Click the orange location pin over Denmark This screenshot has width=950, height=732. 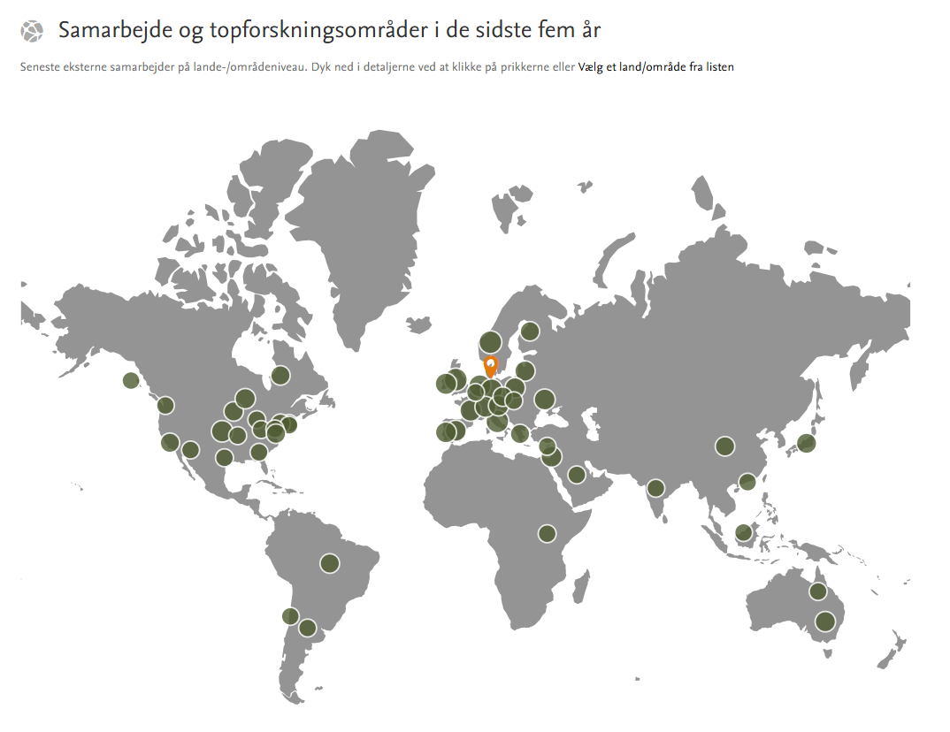pyautogui.click(x=491, y=364)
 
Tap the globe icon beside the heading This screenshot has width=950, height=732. pyautogui.click(x=32, y=32)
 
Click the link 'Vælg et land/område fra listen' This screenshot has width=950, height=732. pyautogui.click(x=655, y=67)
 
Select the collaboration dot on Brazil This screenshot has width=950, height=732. pyautogui.click(x=330, y=563)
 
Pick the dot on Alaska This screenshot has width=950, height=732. pyautogui.click(x=131, y=381)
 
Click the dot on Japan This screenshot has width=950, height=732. pyautogui.click(x=806, y=443)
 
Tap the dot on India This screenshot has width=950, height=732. pyautogui.click(x=655, y=488)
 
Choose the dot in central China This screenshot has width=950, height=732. pyautogui.click(x=725, y=446)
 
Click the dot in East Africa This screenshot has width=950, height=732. pyautogui.click(x=547, y=534)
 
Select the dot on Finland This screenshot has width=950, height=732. pyautogui.click(x=530, y=332)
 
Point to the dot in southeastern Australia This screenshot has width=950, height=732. pyautogui.click(x=825, y=621)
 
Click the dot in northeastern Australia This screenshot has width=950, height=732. pyautogui.click(x=818, y=591)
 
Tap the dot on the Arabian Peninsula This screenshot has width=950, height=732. pyautogui.click(x=577, y=475)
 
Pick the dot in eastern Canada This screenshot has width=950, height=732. pyautogui.click(x=280, y=376)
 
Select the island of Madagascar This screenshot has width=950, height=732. pyautogui.click(x=580, y=585)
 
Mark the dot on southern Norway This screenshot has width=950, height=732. pyautogui.click(x=490, y=342)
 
